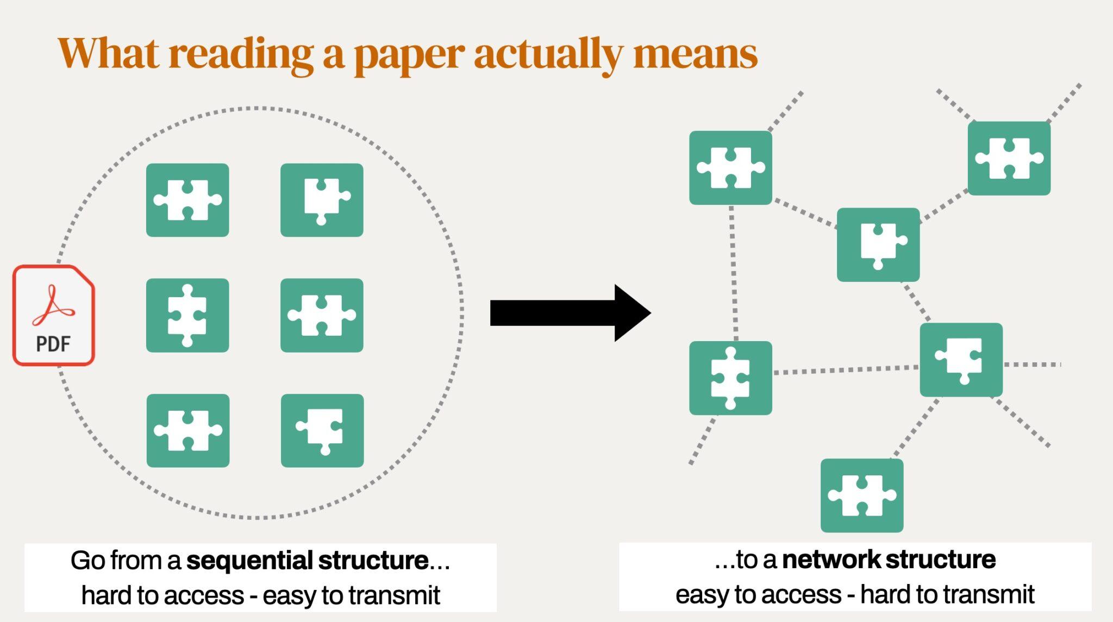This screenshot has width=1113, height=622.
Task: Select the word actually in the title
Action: pos(548,55)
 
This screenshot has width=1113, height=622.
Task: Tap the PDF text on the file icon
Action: pos(53,344)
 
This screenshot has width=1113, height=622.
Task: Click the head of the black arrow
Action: pos(633,313)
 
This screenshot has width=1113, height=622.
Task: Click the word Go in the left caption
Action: pos(87,561)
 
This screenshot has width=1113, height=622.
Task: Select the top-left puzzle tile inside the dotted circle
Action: pos(187,200)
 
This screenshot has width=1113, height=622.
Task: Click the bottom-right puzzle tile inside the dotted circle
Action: pos(322,431)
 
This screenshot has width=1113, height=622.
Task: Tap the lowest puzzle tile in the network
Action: pos(862,495)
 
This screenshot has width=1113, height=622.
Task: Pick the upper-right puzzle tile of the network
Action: pos(1009,158)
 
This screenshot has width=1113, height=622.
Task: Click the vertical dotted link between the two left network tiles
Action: pos(733,273)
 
